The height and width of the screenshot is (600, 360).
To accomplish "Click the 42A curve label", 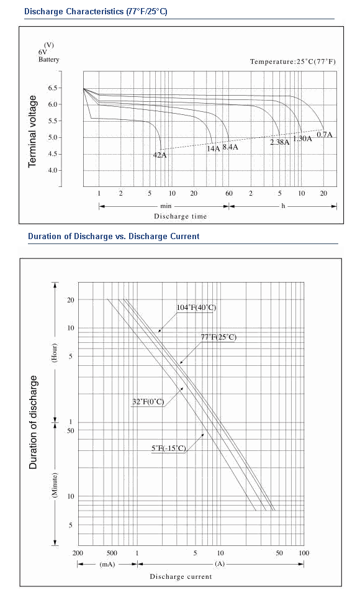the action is [160, 155].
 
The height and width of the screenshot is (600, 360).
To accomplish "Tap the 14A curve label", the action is [214, 148].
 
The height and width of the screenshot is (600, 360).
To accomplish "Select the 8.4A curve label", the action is [230, 147].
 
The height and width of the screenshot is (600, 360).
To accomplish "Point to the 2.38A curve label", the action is [280, 142].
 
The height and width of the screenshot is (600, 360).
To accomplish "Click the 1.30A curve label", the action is [303, 139].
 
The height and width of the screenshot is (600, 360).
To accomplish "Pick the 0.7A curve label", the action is [325, 135].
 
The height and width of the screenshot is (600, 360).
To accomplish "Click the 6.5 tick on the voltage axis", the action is [52, 88].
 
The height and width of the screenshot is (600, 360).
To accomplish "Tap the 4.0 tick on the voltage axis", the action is [52, 170].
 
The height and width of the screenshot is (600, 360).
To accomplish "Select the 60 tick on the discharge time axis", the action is [229, 193].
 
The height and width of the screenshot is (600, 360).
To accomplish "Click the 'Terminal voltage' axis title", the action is [32, 131].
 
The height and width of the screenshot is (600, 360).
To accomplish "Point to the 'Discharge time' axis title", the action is [180, 216].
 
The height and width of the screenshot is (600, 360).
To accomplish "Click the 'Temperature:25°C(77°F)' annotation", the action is [293, 61].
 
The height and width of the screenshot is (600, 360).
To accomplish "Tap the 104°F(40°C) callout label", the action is [196, 307].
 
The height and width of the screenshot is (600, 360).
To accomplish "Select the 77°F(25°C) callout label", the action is [219, 337].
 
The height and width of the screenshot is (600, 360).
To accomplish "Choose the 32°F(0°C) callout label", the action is [148, 402].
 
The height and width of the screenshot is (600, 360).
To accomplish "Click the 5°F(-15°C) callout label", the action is [169, 448].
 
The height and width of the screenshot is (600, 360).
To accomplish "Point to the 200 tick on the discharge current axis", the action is [78, 553].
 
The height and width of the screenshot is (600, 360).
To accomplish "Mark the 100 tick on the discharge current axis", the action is [304, 553].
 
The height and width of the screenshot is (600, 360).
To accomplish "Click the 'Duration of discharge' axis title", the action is [34, 422].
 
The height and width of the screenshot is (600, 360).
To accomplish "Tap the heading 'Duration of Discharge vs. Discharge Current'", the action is [114, 236].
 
